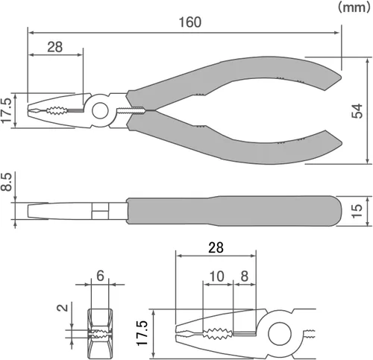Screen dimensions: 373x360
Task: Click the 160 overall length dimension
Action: (190, 22)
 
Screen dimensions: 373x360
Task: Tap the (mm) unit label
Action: (354, 7)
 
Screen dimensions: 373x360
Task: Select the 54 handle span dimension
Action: (357, 111)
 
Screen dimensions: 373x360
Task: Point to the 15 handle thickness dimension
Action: (357, 211)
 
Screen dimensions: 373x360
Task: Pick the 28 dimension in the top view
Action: (55, 47)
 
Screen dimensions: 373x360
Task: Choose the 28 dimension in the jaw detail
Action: (216, 247)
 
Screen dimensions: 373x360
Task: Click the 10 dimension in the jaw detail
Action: (217, 276)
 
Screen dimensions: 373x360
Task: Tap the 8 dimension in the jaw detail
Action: (245, 276)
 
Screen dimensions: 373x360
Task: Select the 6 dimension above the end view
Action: (100, 276)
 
